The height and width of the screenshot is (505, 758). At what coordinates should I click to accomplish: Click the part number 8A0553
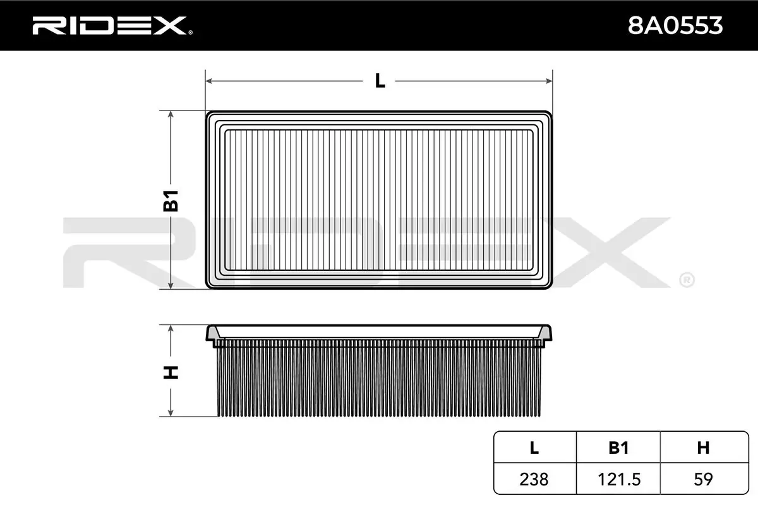click(675, 26)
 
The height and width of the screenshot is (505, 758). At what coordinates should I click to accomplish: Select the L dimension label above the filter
click(380, 81)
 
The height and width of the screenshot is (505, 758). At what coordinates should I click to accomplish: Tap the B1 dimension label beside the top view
click(171, 201)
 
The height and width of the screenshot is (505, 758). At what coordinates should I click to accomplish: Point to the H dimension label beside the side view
click(171, 372)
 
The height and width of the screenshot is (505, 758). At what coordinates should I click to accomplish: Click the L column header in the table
click(534, 448)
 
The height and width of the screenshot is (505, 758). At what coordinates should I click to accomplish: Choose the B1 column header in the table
click(618, 448)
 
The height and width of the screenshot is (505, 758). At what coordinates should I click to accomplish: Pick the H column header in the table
click(704, 448)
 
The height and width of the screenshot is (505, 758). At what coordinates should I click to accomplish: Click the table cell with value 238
click(534, 479)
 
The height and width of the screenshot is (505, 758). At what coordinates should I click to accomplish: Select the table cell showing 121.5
click(618, 479)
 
